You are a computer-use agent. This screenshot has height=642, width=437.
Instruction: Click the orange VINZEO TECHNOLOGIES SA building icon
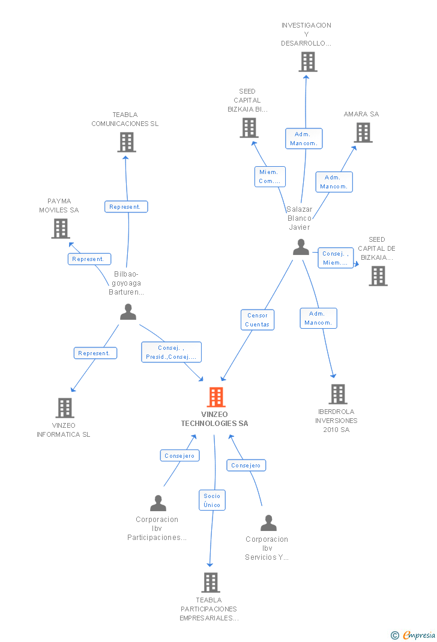pos(215,397)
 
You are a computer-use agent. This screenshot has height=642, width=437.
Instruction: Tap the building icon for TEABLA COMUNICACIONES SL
pos(126,142)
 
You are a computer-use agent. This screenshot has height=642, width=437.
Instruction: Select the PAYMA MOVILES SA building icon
pos(60,229)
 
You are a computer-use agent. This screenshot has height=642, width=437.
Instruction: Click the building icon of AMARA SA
pos(363,133)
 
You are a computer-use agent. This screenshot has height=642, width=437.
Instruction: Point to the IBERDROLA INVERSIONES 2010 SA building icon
pos(338,394)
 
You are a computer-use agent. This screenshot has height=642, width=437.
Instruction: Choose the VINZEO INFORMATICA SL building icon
pos(64,408)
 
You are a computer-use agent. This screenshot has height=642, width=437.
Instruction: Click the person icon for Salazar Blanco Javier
pos(301,247)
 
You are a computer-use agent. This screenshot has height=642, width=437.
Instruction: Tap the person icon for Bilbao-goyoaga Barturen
pos(128,311)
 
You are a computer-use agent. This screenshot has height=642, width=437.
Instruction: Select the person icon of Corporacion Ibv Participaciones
pos(158,503)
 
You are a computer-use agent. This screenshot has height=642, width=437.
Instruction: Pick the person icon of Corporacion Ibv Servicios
pos(268,523)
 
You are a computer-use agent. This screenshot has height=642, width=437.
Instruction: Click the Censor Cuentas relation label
pos(258,320)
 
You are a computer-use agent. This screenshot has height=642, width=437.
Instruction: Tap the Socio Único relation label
pos(212,500)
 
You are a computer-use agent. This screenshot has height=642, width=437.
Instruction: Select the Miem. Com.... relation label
pos(270,176)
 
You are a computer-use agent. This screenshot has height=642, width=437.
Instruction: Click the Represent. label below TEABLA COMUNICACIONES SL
pos(126,206)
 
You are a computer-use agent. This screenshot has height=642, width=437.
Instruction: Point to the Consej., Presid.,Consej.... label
pos(171,352)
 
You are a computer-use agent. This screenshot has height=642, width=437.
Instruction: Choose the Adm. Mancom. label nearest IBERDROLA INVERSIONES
pos(318,318)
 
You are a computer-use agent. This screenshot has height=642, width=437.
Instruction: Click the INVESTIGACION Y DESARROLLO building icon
pos(307,62)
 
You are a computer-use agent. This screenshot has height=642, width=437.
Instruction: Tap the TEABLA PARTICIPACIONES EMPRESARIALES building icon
pos(210,582)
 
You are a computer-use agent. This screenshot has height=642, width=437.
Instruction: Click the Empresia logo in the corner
pos(414,635)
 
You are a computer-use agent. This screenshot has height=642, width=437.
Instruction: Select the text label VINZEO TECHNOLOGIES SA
pos(215,419)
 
